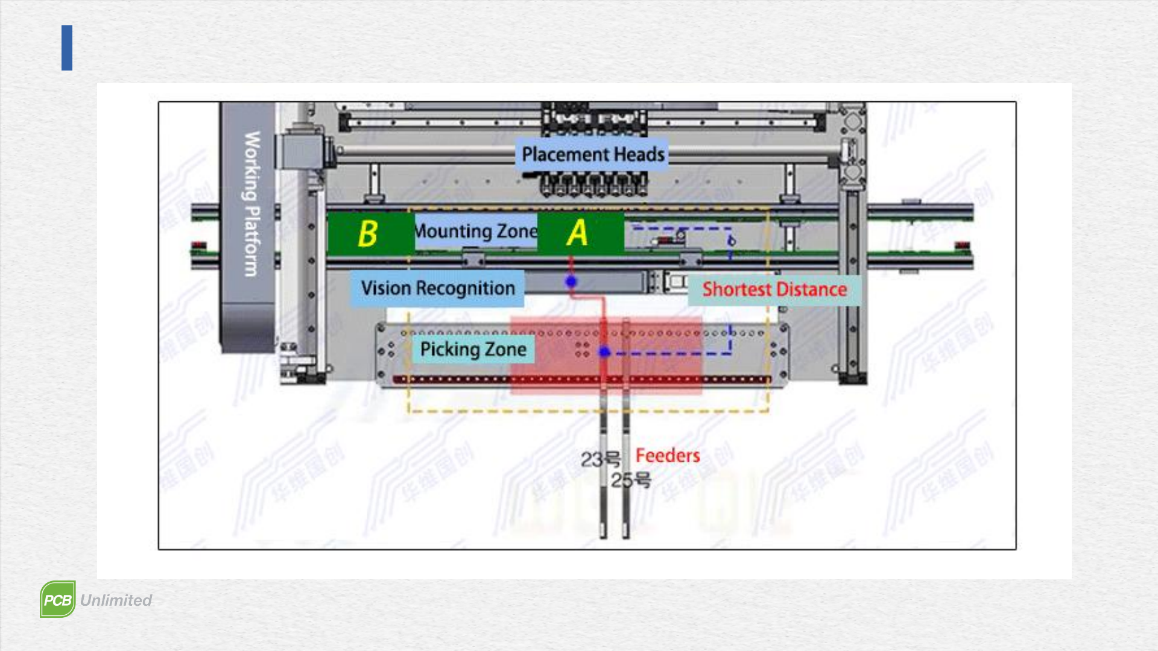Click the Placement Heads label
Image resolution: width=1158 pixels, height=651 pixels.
(593, 154)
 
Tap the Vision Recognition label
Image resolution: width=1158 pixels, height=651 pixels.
(438, 288)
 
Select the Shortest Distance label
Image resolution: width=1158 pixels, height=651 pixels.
(774, 289)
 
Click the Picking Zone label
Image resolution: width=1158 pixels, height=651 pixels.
(473, 349)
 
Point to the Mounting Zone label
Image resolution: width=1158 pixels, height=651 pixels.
(476, 231)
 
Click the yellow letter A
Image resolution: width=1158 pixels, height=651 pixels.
(577, 233)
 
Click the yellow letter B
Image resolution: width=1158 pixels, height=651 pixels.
(367, 234)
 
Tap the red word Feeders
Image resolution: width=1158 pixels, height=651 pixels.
(668, 456)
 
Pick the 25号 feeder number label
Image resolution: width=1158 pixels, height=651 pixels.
(631, 480)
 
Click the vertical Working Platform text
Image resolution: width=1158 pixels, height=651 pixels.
(252, 204)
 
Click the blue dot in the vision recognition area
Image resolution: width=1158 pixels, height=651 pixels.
(571, 281)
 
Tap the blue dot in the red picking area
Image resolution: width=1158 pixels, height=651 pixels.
(604, 351)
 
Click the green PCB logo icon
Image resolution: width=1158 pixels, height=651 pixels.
(58, 599)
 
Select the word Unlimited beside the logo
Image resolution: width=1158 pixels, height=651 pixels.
(116, 600)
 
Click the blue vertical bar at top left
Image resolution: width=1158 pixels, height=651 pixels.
(67, 48)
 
